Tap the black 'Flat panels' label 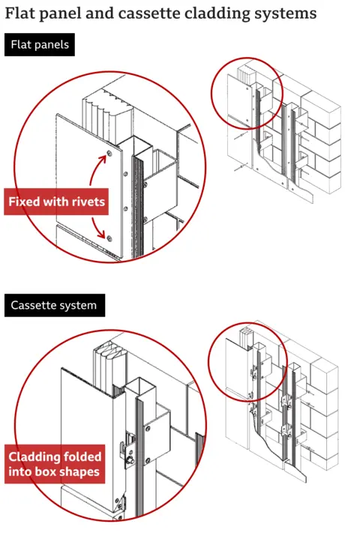[40, 45]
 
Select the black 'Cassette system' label [53, 305]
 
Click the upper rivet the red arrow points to [109, 154]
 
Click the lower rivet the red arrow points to [109, 238]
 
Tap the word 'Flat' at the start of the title [20, 13]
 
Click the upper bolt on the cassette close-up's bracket [148, 427]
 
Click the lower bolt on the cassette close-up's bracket [148, 460]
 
